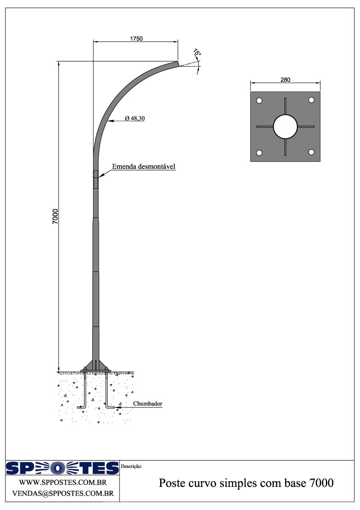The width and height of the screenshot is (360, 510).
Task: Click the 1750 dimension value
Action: [136, 39]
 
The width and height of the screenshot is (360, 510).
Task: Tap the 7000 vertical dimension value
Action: [55, 216]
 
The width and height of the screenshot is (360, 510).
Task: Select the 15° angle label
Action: [197, 54]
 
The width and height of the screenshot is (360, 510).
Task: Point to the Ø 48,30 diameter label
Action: [135, 119]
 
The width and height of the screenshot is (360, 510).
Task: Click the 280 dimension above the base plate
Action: [285, 80]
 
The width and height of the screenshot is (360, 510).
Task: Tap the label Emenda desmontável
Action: [144, 166]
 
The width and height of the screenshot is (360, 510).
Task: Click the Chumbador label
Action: [148, 404]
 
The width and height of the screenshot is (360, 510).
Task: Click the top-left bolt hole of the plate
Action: [259, 100]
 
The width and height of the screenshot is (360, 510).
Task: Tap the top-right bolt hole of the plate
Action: [312, 100]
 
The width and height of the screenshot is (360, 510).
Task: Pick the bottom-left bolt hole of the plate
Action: [259, 153]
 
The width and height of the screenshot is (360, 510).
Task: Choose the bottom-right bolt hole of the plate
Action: [312, 152]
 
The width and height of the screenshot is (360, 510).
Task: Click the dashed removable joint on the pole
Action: [96, 179]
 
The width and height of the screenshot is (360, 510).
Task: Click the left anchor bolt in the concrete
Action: [85, 390]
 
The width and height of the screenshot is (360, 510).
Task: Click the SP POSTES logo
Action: [62, 468]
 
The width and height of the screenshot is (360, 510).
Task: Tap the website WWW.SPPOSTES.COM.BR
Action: [63, 483]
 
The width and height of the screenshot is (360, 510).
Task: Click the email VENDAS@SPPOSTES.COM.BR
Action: [63, 493]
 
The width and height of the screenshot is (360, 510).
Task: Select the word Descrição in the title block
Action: [132, 467]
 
